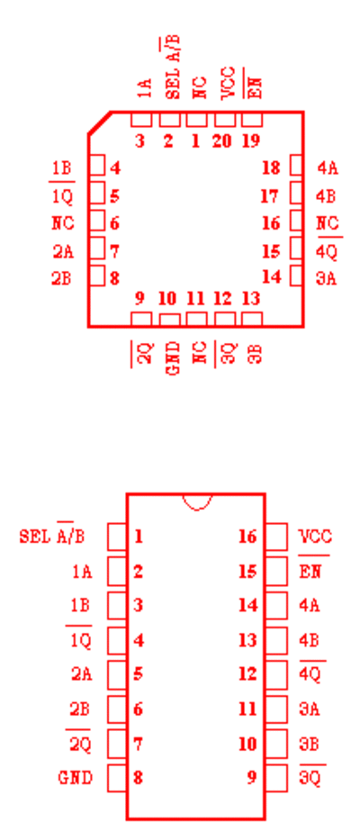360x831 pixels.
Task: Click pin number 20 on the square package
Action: (x=222, y=141)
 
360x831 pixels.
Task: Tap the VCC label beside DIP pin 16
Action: (x=315, y=537)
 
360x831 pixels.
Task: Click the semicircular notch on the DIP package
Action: (x=197, y=501)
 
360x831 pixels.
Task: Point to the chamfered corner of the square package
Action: (x=99, y=122)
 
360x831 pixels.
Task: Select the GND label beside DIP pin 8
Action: (x=76, y=778)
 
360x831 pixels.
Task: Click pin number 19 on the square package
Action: (x=251, y=141)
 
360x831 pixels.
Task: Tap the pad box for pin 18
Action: (x=296, y=165)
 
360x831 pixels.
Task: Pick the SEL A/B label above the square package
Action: (x=173, y=68)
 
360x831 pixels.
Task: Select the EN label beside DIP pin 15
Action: (x=310, y=572)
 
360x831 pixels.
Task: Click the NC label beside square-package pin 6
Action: (x=63, y=223)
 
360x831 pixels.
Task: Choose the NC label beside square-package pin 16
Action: (x=328, y=223)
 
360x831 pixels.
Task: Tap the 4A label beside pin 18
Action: (x=328, y=168)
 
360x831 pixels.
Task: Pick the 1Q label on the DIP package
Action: (x=80, y=641)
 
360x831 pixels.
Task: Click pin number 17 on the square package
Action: (x=270, y=196)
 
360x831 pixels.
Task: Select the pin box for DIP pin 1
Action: (x=116, y=537)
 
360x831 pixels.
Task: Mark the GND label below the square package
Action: (x=173, y=359)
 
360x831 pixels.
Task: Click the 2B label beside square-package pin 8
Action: (x=61, y=279)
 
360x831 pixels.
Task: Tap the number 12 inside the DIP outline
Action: (x=247, y=674)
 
